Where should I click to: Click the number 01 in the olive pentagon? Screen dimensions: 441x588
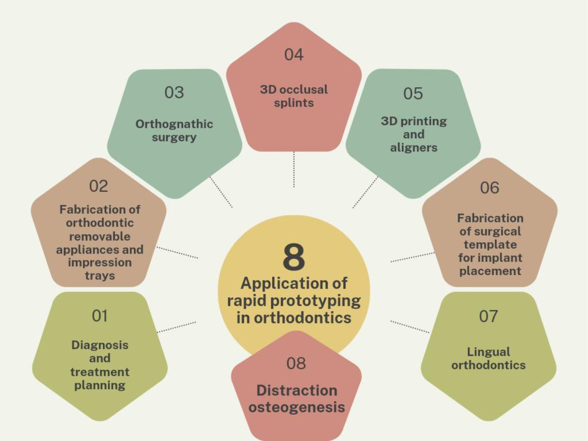tap(99, 316)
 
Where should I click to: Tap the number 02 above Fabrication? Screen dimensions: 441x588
tap(99, 186)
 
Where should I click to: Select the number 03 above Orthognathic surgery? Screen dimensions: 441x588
tap(174, 92)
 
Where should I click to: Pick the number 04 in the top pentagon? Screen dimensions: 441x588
tap(294, 55)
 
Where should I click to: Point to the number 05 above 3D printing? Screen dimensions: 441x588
tap(413, 93)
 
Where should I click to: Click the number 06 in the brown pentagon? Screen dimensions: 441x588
tap(489, 188)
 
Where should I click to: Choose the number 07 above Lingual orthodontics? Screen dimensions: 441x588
tap(488, 316)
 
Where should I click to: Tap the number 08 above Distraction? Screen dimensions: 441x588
tap(296, 363)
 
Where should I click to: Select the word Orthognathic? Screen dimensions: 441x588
tap(174, 124)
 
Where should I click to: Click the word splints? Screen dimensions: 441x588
tap(294, 103)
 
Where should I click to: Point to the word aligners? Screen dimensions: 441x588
tap(413, 148)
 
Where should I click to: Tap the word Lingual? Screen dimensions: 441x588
tap(489, 352)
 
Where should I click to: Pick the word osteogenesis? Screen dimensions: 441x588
tap(297, 407)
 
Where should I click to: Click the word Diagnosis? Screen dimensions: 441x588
tap(100, 345)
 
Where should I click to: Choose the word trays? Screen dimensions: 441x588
tap(100, 276)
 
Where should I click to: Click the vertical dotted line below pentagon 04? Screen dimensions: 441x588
tap(294, 169)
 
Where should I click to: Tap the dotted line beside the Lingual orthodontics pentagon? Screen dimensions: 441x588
tap(410, 327)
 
